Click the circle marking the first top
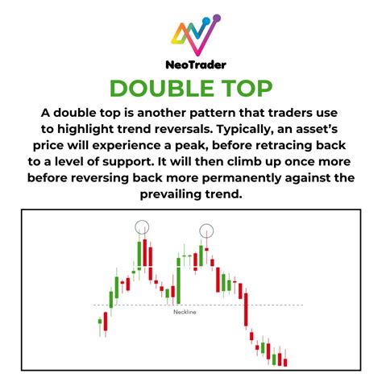click(x=142, y=227)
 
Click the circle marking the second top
click(x=208, y=230)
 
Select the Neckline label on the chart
click(x=185, y=312)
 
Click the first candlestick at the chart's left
click(x=101, y=326)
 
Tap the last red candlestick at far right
click(x=285, y=362)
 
